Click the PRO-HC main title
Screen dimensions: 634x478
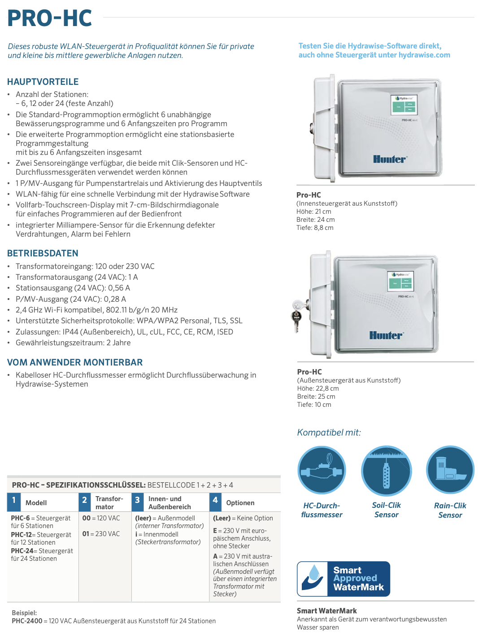pos(50,18)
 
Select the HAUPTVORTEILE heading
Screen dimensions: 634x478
pos(43,82)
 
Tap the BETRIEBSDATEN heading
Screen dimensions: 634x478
pos(43,253)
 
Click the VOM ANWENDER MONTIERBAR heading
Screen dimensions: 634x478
pos(75,362)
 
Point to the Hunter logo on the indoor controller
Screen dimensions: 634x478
pos(390,159)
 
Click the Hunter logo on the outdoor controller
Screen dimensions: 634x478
pos(386,335)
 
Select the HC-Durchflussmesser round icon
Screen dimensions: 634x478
pos(322,470)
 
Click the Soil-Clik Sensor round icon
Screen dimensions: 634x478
pos(386,470)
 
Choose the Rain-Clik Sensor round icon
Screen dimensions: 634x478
pos(450,470)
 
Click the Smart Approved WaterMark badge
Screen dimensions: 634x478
pos(343,579)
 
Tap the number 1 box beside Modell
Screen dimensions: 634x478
pos(14,501)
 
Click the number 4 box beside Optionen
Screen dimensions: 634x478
pos(215,501)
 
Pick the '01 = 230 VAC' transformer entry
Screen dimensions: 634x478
pos(101,534)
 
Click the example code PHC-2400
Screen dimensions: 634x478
pos(27,621)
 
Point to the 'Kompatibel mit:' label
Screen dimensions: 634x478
pos(329,432)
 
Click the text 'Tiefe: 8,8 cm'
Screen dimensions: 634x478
pos(315,228)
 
